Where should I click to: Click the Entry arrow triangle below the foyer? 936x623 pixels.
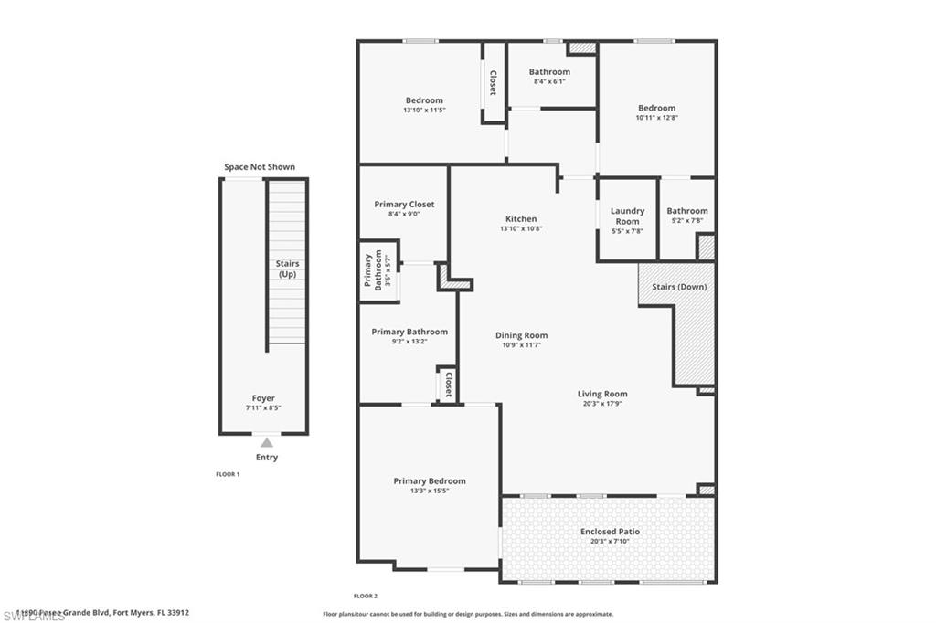point(266,442)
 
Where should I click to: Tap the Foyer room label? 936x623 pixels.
point(263,398)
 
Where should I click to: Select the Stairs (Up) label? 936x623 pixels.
point(288,269)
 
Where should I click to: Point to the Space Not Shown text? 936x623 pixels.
point(260,167)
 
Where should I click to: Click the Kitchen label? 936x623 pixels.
point(521,219)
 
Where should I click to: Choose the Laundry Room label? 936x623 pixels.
point(627,216)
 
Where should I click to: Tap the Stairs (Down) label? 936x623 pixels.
point(678,287)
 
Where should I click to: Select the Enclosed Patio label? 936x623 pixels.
point(610,532)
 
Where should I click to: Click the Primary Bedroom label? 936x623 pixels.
point(430,481)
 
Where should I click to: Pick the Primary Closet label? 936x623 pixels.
point(404,205)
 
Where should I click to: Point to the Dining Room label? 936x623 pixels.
point(521,335)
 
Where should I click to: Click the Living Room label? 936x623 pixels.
point(602,395)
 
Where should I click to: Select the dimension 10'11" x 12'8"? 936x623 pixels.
point(656,117)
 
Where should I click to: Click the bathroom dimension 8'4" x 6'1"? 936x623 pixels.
point(549,81)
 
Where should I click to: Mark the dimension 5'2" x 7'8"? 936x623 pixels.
point(686,220)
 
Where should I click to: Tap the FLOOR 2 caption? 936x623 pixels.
point(366,596)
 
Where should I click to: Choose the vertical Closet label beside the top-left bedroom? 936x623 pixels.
point(493,83)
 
